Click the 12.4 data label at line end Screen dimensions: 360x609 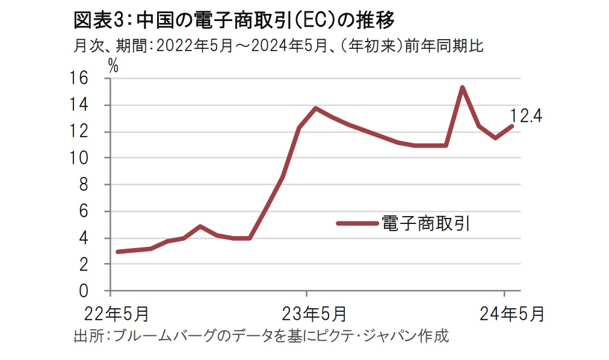click(526, 116)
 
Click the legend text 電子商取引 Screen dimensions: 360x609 click(425, 223)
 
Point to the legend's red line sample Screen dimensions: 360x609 click(357, 223)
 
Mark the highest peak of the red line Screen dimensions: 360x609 click(462, 88)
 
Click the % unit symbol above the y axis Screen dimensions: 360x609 click(113, 66)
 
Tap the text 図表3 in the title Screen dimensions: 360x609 click(98, 20)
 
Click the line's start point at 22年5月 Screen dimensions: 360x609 click(118, 252)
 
